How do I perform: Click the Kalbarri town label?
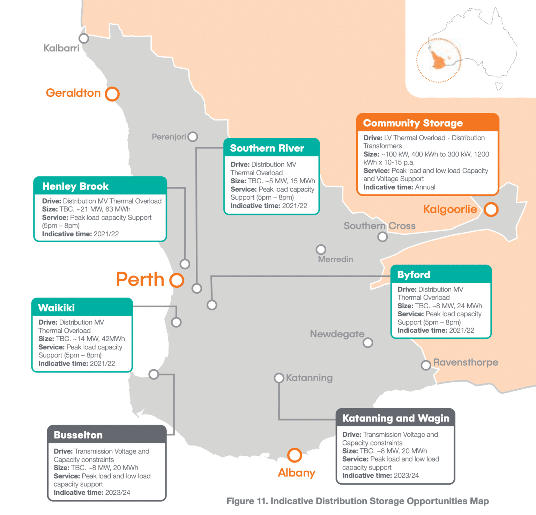tap(61, 48)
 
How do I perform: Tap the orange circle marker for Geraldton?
tap(112, 94)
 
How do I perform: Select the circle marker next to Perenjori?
tap(193, 137)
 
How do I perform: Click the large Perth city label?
tap(140, 279)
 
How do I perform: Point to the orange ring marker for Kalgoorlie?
tap(491, 209)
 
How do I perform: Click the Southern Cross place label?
tap(379, 226)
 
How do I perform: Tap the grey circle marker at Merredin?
tap(321, 250)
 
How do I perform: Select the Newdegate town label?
tap(337, 334)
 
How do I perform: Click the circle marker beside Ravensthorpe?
tap(426, 365)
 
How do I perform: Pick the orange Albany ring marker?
tap(295, 455)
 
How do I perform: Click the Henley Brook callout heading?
tap(75, 186)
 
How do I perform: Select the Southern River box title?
tap(267, 148)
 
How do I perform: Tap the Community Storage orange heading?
tap(413, 123)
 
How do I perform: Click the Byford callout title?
tap(414, 275)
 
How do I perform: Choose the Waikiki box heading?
tap(57, 308)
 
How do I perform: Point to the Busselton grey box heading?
tap(78, 435)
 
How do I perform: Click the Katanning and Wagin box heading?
tap(396, 418)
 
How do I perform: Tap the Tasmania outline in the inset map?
tap(499, 86)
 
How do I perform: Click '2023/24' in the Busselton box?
tap(118, 493)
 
